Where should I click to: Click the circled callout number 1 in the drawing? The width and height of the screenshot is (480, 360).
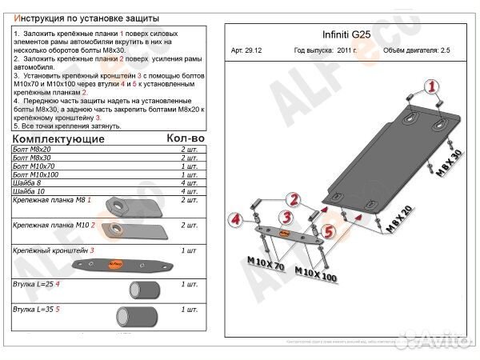pyautogui.click(x=431, y=87)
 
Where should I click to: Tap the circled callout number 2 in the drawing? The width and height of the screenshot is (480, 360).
pyautogui.click(x=293, y=199)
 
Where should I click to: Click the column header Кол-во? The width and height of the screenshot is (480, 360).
pyautogui.click(x=185, y=138)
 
